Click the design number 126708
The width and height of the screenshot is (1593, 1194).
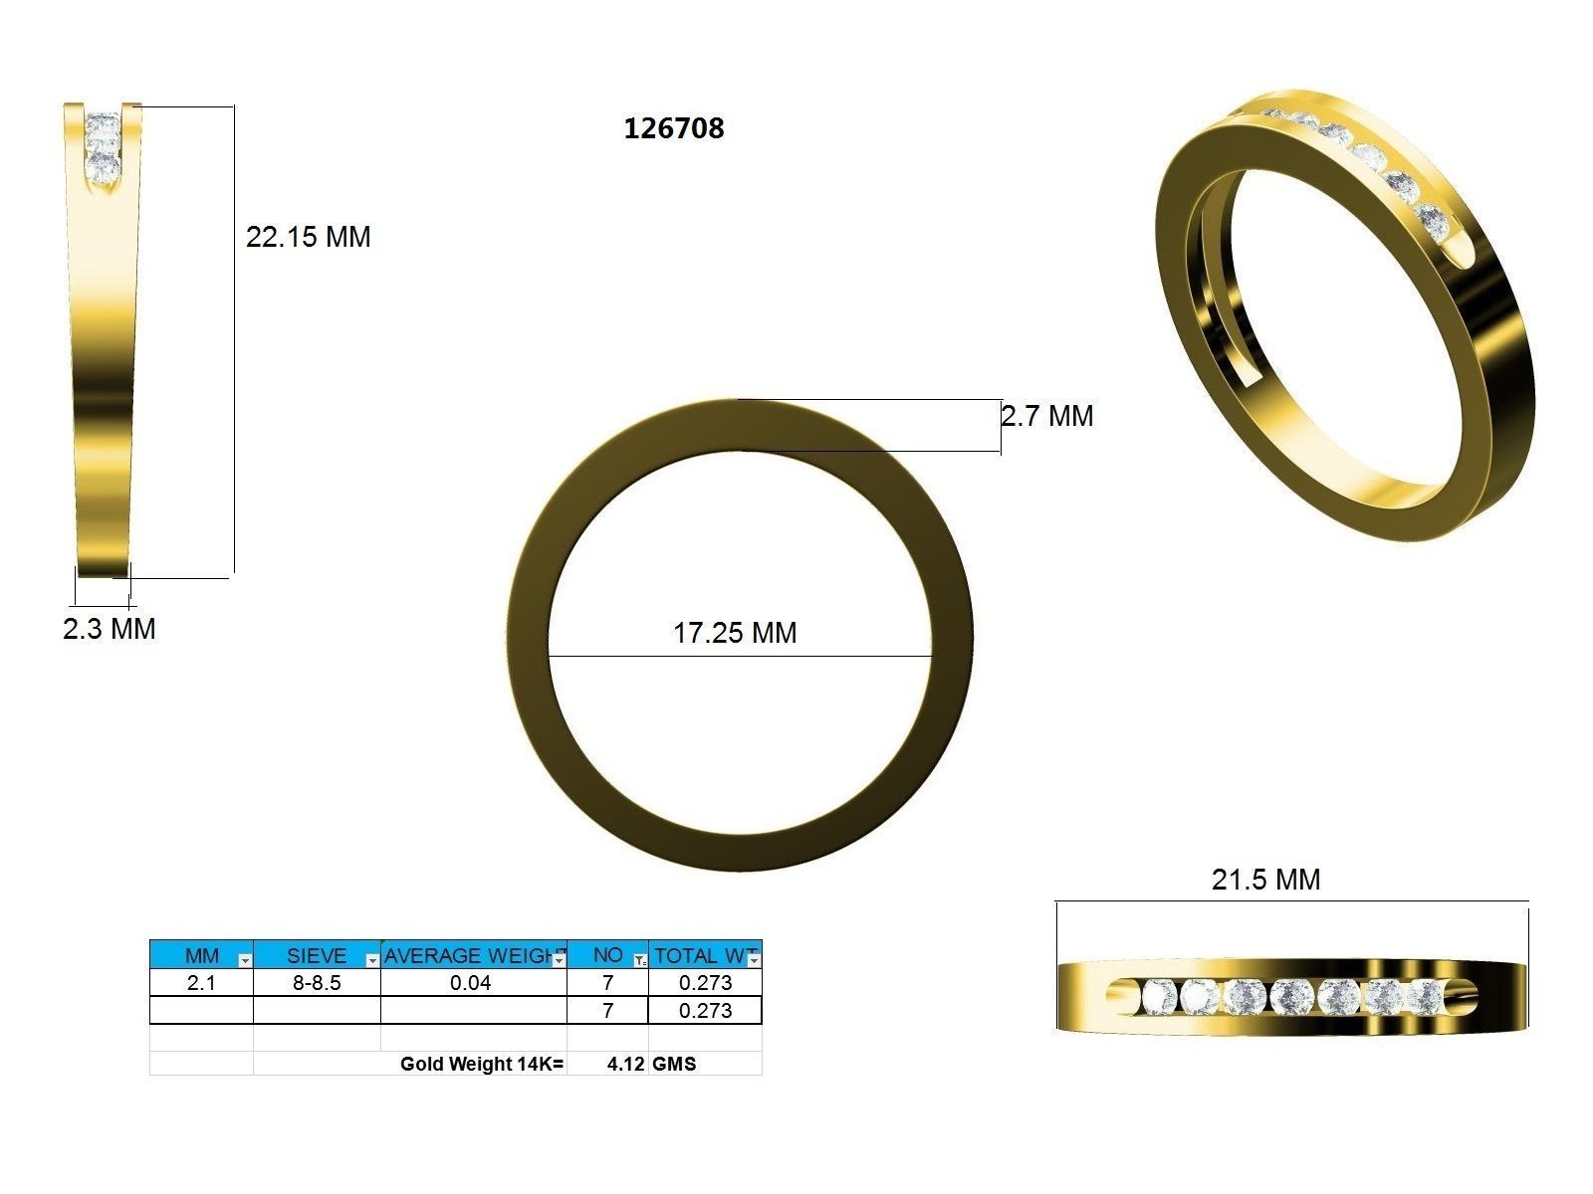point(673,128)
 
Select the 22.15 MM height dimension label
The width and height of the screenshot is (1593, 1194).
point(308,237)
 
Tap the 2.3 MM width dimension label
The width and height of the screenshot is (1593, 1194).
point(109,629)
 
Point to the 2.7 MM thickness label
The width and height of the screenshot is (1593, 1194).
point(1046,416)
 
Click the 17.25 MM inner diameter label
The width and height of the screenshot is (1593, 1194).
point(735,633)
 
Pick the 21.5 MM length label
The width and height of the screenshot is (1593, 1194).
point(1265,880)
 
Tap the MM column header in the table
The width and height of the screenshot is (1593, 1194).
point(201,955)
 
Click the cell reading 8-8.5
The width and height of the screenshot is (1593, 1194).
point(317,983)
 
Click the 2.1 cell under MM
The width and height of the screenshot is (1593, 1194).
point(201,983)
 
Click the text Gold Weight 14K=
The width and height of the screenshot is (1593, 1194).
point(482,1064)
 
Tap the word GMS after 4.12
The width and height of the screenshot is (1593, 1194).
point(674,1064)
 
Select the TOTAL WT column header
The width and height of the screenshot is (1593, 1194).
point(701,955)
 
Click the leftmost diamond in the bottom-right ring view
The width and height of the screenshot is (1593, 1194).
point(1158,996)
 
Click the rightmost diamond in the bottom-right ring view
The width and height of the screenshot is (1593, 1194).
point(1426,996)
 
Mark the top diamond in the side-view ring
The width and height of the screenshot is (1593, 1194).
point(103,127)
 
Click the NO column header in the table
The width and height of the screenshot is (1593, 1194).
point(606,955)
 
